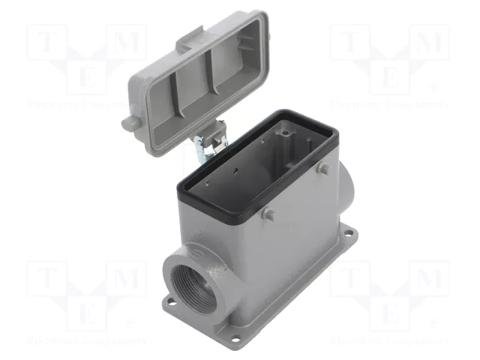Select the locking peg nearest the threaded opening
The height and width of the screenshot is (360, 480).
point(268,214)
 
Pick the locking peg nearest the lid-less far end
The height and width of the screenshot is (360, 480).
point(322,169)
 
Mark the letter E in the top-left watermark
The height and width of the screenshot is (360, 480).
point(88,77)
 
